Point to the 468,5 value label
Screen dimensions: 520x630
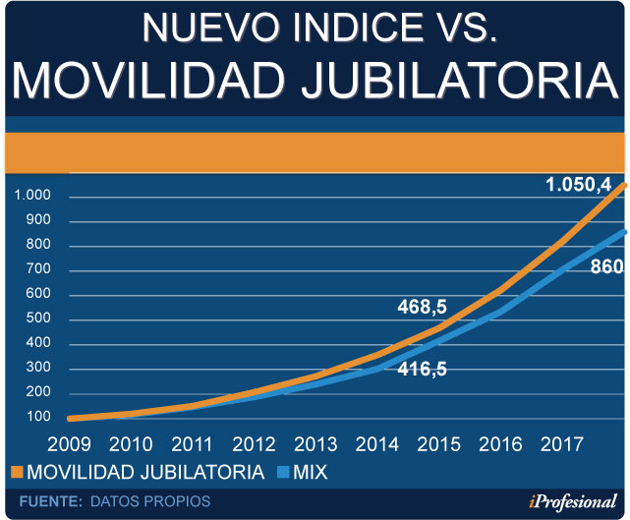point(422,308)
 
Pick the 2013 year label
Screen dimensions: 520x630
point(315,445)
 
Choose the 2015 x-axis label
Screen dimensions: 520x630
point(438,445)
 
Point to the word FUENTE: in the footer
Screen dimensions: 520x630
point(49,501)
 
